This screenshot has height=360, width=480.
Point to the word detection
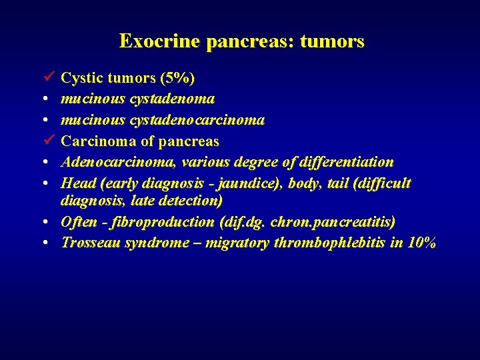[x=190, y=200]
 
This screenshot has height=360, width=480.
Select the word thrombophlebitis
[x=330, y=243]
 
